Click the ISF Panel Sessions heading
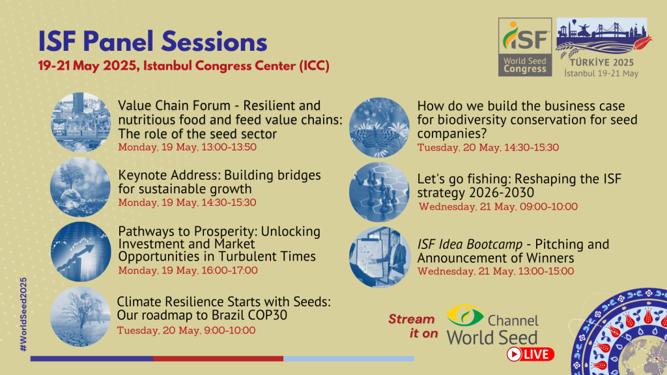152,42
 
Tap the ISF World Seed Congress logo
525,47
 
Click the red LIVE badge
530,354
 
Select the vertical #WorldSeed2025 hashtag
23,314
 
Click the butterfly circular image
380,128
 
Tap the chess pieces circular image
380,192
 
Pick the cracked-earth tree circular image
80,316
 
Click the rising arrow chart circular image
81,251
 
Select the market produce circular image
81,122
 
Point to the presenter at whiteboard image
380,257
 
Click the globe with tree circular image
80,187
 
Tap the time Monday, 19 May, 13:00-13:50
187,147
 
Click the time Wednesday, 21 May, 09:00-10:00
498,206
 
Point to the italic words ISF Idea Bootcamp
470,245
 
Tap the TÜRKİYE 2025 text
601,62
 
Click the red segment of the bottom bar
218,359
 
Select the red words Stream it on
412,326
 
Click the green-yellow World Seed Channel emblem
465,315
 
